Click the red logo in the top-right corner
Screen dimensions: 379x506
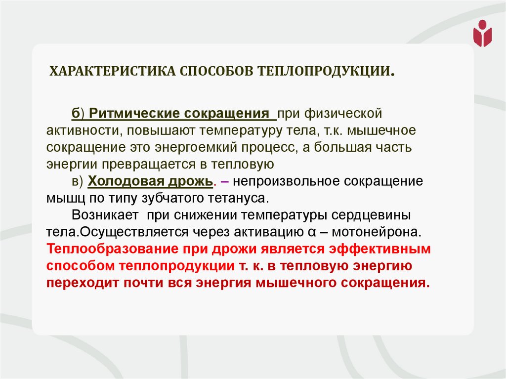point(482,33)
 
